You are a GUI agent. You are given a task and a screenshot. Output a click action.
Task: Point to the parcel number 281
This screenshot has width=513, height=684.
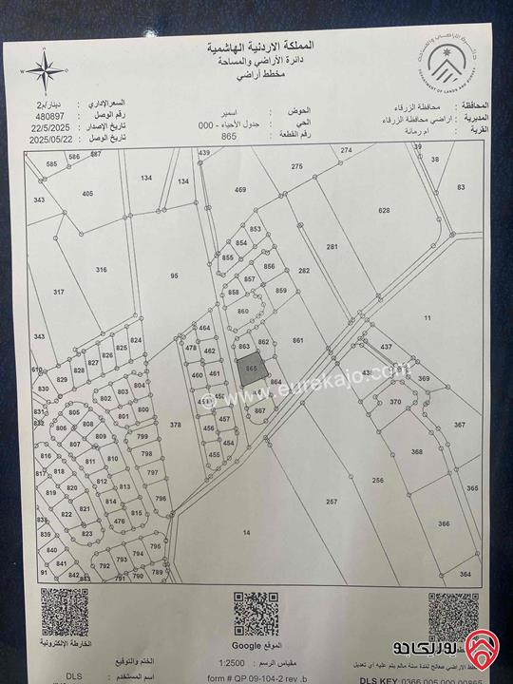pos(332,247)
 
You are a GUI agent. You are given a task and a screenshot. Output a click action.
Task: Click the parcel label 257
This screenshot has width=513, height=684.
pos(332,502)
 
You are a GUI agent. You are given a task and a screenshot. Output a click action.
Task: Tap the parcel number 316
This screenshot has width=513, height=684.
pos(101,270)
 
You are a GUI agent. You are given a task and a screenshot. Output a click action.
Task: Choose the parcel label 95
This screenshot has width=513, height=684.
pos(174,275)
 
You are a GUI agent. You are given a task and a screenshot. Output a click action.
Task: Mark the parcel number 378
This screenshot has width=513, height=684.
pos(175,425)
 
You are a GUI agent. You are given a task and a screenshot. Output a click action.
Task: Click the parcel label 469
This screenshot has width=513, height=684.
pos(240,190)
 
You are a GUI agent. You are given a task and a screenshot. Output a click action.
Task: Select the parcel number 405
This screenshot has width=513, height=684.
pos(87,194)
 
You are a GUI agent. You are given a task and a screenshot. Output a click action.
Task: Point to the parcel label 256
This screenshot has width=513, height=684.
pos(377,481)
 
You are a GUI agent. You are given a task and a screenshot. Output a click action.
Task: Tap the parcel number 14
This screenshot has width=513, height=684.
pos(246,533)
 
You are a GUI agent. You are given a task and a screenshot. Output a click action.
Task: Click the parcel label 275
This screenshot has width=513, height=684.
pos(296,167)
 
